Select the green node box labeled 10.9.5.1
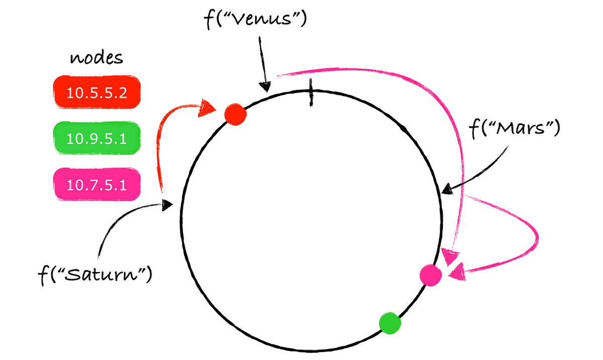tap(96, 138)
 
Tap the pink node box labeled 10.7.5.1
tap(96, 185)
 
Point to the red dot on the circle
tap(235, 114)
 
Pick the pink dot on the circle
tap(431, 275)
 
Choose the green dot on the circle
tap(390, 323)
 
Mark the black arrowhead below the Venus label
tap(264, 86)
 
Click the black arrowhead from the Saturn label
tap(167, 205)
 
